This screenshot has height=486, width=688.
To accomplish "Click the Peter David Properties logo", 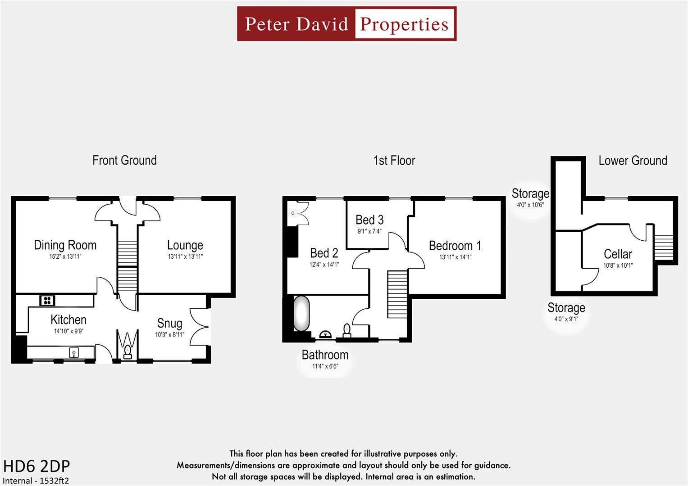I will click(346, 24).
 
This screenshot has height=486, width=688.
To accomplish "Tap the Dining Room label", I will click(65, 245).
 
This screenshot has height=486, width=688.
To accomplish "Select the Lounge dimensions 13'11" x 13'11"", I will click(185, 257).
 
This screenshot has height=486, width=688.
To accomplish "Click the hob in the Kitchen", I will click(47, 300).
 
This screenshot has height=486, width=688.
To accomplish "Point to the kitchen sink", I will click(74, 352).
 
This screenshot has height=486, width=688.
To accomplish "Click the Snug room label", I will click(169, 324).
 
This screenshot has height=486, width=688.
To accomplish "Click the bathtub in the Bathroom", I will click(301, 313).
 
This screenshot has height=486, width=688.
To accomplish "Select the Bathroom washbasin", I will click(325, 334).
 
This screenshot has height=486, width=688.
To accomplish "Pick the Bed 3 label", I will click(369, 220).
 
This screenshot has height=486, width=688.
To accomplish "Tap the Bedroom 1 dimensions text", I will click(455, 257).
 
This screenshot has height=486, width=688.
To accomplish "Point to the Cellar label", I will click(618, 254).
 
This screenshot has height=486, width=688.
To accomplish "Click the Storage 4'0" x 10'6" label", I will click(530, 194).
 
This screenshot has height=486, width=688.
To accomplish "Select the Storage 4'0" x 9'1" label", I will click(566, 308).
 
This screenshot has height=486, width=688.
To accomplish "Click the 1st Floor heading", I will click(394, 161).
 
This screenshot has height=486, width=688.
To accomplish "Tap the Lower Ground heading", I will click(633, 161).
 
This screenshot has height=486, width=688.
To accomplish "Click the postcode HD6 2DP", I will click(36, 466).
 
